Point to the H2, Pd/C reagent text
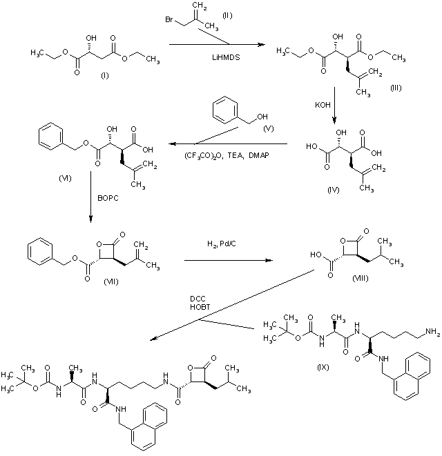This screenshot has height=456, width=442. coord(222,245)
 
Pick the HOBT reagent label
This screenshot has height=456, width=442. coord(200,307)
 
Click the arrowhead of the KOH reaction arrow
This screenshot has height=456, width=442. coord(334,118)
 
